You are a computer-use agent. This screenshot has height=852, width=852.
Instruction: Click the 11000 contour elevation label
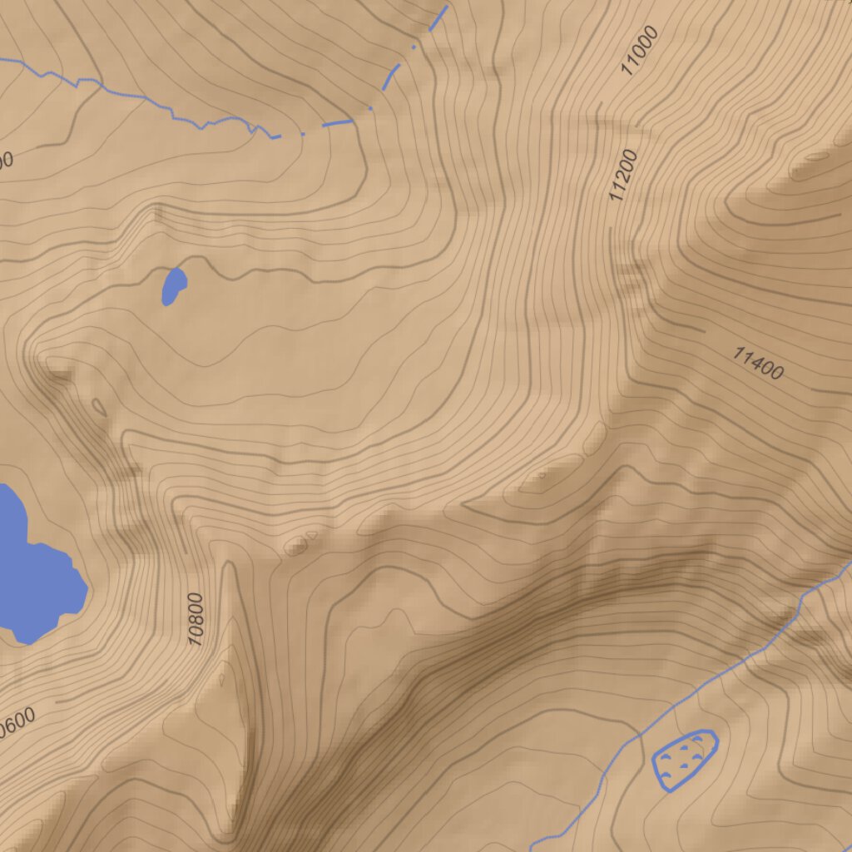coord(640,51)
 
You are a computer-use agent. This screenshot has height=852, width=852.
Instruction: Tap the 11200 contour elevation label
coord(623,176)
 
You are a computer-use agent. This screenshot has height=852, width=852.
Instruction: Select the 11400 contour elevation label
coord(758,364)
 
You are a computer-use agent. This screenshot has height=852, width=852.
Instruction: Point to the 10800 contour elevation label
coord(196,620)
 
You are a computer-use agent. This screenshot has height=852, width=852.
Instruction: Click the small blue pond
coord(173,286)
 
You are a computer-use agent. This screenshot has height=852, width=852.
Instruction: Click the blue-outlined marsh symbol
coord(684,759)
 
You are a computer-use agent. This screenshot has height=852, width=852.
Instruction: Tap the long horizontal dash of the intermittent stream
coord(337,123)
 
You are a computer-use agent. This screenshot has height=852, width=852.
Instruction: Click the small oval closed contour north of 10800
coord(296,547)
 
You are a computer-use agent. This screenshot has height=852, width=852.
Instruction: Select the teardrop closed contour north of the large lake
coord(99,407)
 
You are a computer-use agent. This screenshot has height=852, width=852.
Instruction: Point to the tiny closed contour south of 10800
coord(222,678)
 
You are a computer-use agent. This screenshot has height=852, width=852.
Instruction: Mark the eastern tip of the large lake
coord(87,592)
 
